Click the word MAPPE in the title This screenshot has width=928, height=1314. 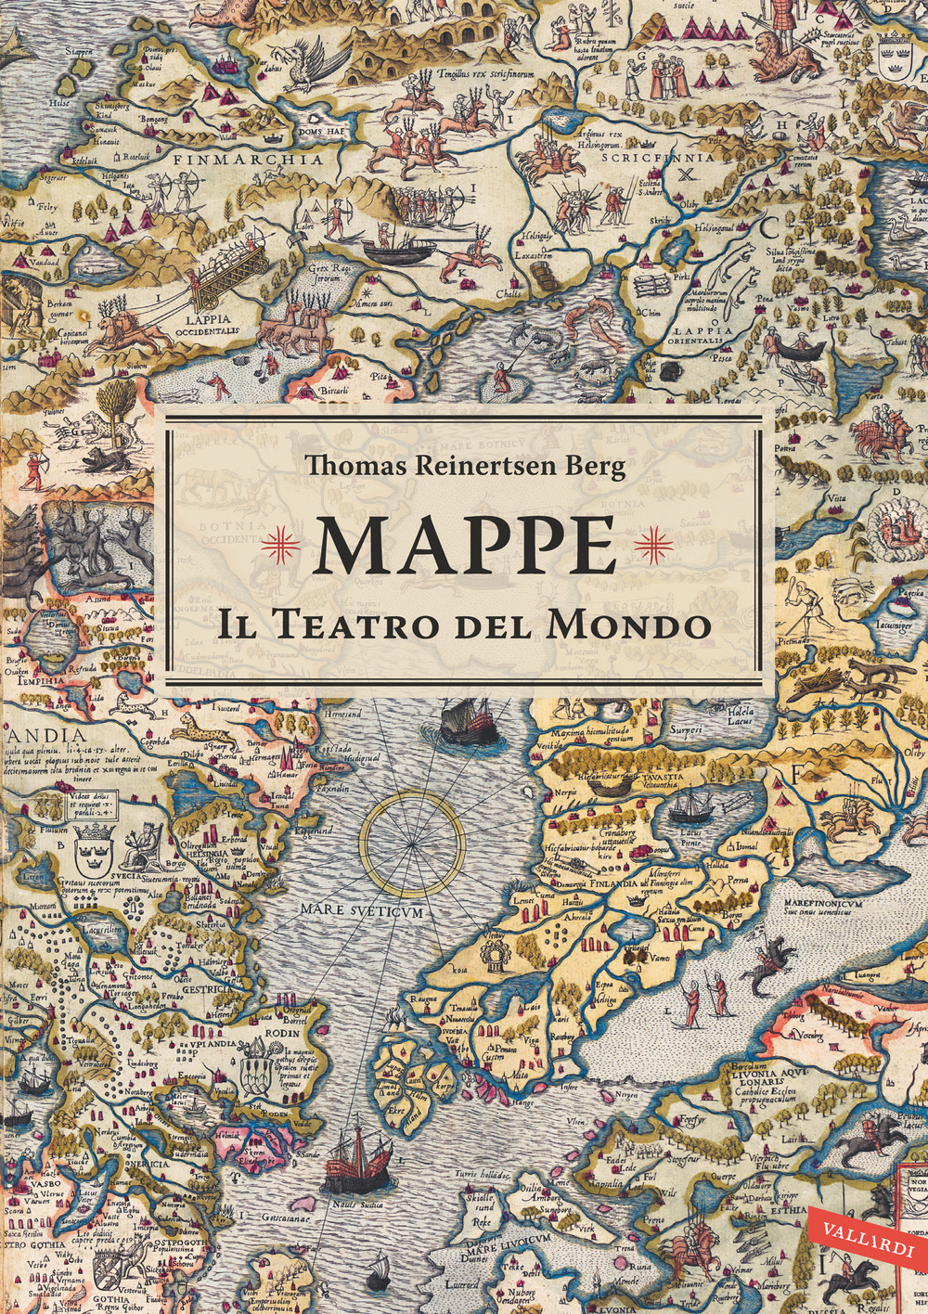[x=468, y=545]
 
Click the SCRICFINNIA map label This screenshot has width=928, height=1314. [x=658, y=158]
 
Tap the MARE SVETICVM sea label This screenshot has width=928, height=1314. [x=361, y=910]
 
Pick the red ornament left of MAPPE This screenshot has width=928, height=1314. [x=280, y=545]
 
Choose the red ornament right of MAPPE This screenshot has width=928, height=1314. [x=652, y=545]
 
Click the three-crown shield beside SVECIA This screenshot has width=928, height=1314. [x=93, y=845]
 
